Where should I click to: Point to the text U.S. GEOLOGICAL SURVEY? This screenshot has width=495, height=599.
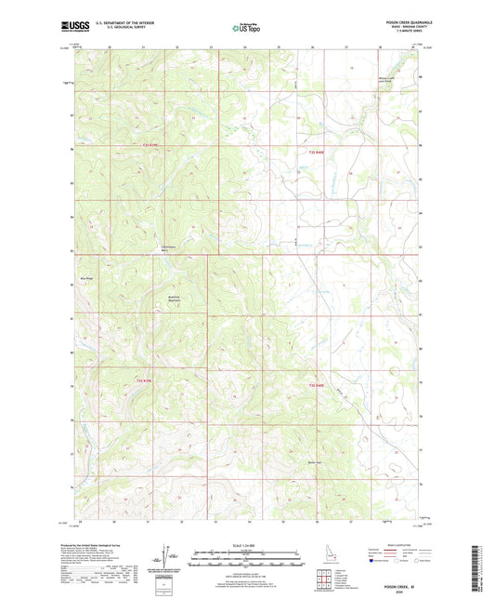pos(121,29)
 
